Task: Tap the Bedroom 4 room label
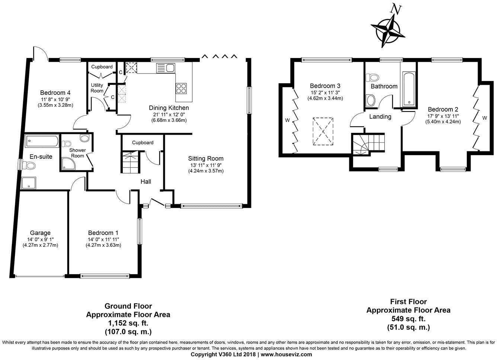tap(55, 93)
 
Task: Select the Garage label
tap(40, 233)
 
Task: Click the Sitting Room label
tap(205, 158)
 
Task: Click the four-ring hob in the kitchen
tap(181, 89)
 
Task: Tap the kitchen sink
tap(166, 68)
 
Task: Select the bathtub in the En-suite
tap(41, 141)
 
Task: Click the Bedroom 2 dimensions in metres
tap(443, 121)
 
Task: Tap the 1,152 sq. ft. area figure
tap(128, 322)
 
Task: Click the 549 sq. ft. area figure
tap(408, 319)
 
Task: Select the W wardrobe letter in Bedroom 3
tap(287, 120)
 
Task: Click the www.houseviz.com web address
tap(286, 354)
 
